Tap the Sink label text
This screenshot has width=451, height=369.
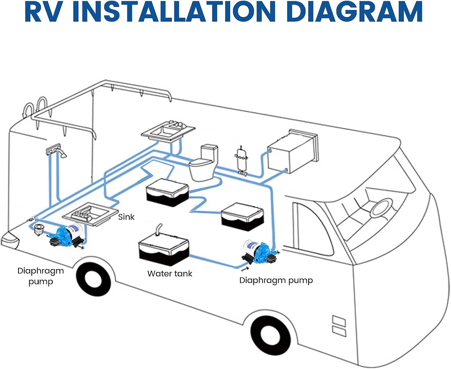(x=126, y=217)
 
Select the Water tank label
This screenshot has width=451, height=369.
(x=170, y=274)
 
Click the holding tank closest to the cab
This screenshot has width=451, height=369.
(x=242, y=216)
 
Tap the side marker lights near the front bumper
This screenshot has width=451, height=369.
(x=339, y=325)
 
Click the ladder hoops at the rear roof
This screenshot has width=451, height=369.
(x=34, y=110)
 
